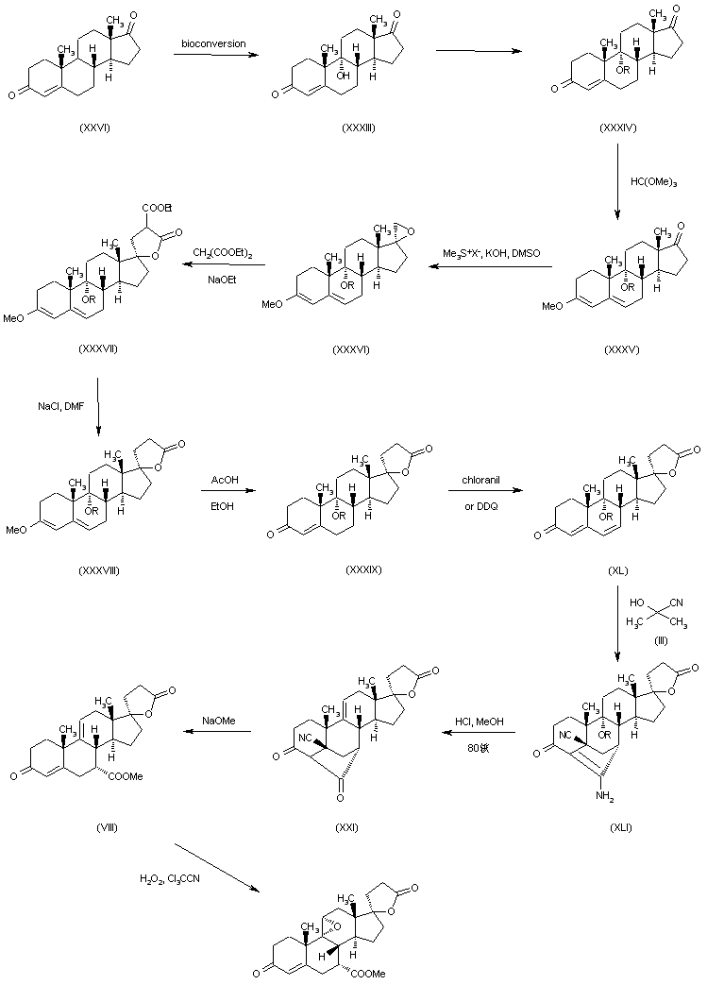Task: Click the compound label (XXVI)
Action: pyautogui.click(x=95, y=128)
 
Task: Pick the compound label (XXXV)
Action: pyautogui.click(x=620, y=349)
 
